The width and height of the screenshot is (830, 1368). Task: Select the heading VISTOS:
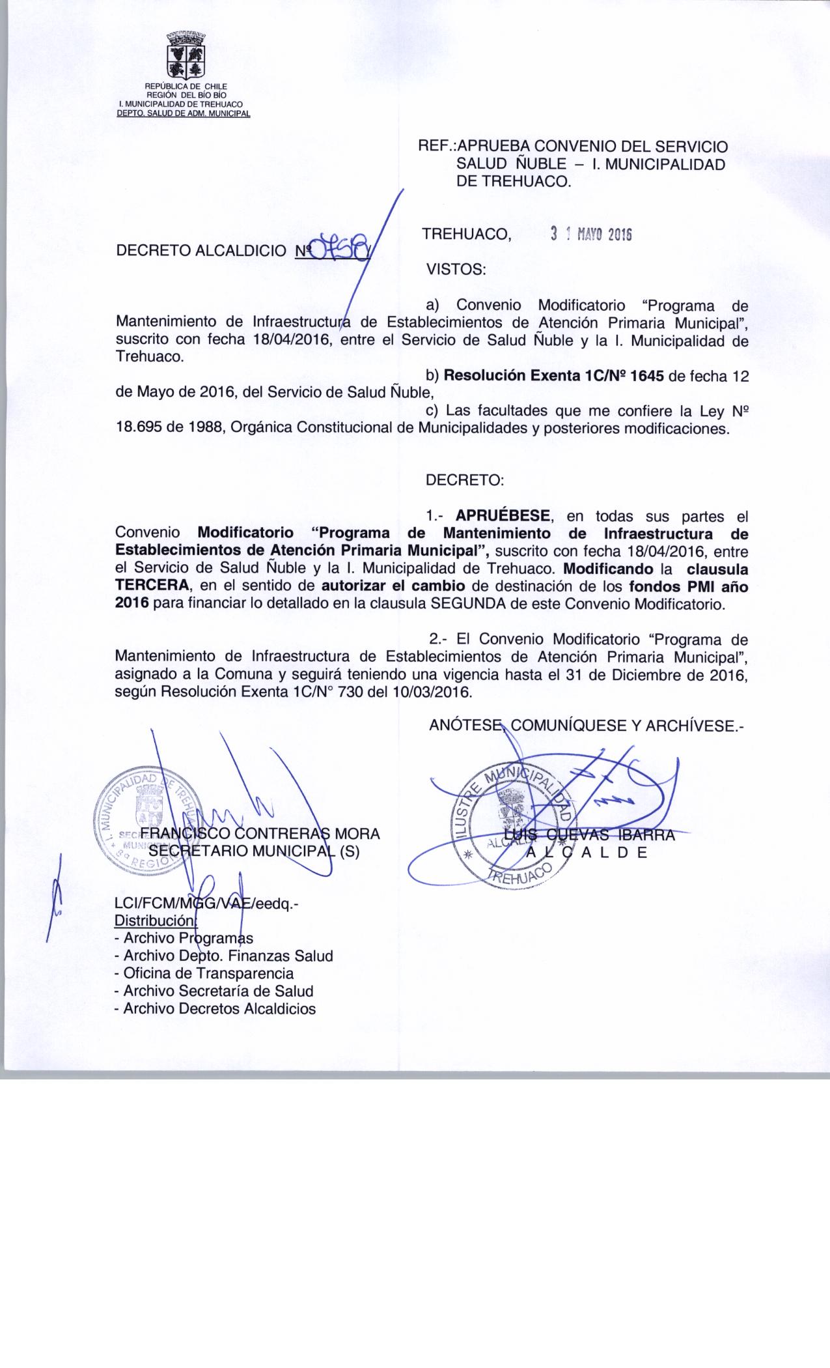pyautogui.click(x=456, y=268)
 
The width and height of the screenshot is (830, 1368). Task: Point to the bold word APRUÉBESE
pyautogui.click(x=505, y=517)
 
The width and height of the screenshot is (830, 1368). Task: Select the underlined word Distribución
pyautogui.click(x=155, y=921)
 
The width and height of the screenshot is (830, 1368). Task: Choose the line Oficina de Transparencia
pyautogui.click(x=203, y=973)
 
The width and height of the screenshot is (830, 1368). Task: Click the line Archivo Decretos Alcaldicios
pyautogui.click(x=215, y=1008)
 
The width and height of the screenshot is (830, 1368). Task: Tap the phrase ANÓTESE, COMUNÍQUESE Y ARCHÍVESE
pyautogui.click(x=586, y=726)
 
